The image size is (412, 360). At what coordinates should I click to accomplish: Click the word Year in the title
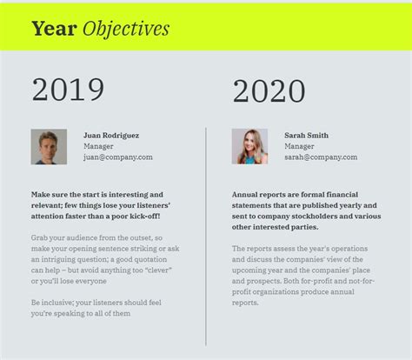click(x=54, y=29)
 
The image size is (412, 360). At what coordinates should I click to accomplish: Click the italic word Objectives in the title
click(x=126, y=30)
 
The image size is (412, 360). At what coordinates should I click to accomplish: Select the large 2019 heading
click(x=68, y=90)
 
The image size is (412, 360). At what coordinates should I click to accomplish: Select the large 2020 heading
click(x=269, y=91)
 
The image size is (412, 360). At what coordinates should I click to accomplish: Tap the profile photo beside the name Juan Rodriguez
click(x=49, y=147)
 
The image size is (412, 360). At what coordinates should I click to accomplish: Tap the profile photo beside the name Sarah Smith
click(x=249, y=146)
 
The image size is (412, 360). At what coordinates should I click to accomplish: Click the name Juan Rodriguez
click(x=111, y=136)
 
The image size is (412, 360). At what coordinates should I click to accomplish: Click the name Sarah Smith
click(x=306, y=136)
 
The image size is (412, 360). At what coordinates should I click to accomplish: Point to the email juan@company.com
click(x=118, y=157)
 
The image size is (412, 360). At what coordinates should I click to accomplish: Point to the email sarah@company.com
click(x=321, y=157)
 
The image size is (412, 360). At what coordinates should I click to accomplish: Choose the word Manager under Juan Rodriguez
click(x=98, y=146)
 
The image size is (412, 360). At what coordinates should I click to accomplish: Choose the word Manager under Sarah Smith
click(x=299, y=146)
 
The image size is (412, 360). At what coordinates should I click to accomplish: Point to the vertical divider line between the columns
click(x=206, y=237)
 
